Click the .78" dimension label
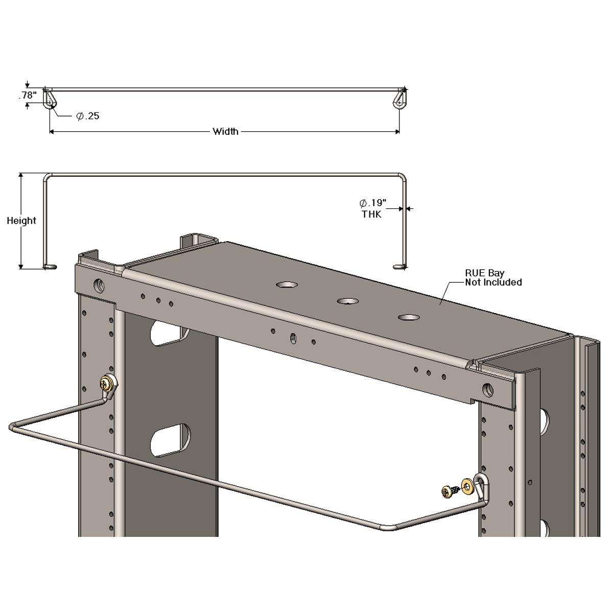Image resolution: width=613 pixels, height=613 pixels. pos(28,95)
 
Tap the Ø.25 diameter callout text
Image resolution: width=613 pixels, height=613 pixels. pos(87,116)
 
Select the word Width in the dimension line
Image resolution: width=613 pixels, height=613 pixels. pos(225,132)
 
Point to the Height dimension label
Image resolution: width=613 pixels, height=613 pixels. pos(21,221)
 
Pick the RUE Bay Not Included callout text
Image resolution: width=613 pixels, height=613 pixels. pos(493,278)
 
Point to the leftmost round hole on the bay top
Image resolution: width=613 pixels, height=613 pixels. pos(288,284)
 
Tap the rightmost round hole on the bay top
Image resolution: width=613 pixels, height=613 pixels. pos(410,317)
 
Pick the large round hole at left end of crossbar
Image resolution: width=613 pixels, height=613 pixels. pos(99,284)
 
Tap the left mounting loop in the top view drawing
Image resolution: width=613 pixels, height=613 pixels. pos(50,99)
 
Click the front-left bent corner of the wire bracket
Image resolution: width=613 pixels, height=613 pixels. pos(13,426)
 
